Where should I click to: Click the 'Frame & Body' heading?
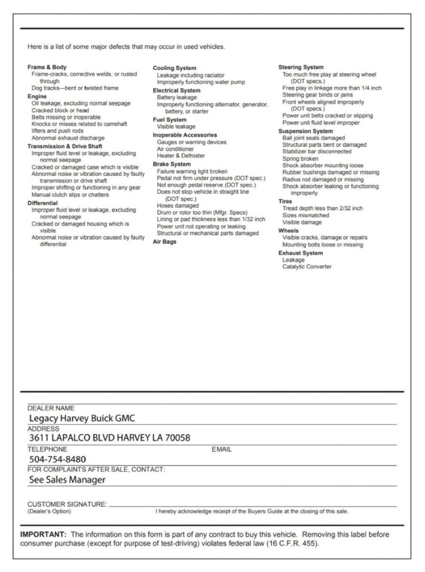click(x=47, y=67)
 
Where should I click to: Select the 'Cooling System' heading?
click(x=174, y=68)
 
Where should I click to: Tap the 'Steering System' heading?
click(x=301, y=67)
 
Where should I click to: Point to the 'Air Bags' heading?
click(x=164, y=242)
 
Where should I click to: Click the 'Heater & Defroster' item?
click(x=181, y=156)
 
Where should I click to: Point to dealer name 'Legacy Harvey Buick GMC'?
click(x=82, y=419)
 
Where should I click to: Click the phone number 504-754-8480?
click(x=58, y=460)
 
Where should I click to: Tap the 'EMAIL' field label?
click(x=222, y=449)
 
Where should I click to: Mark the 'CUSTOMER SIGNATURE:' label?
click(x=67, y=504)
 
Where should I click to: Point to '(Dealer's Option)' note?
click(x=49, y=511)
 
